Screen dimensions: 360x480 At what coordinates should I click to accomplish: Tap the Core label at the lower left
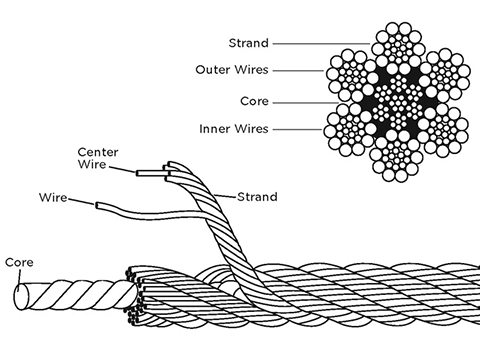click(20, 262)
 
